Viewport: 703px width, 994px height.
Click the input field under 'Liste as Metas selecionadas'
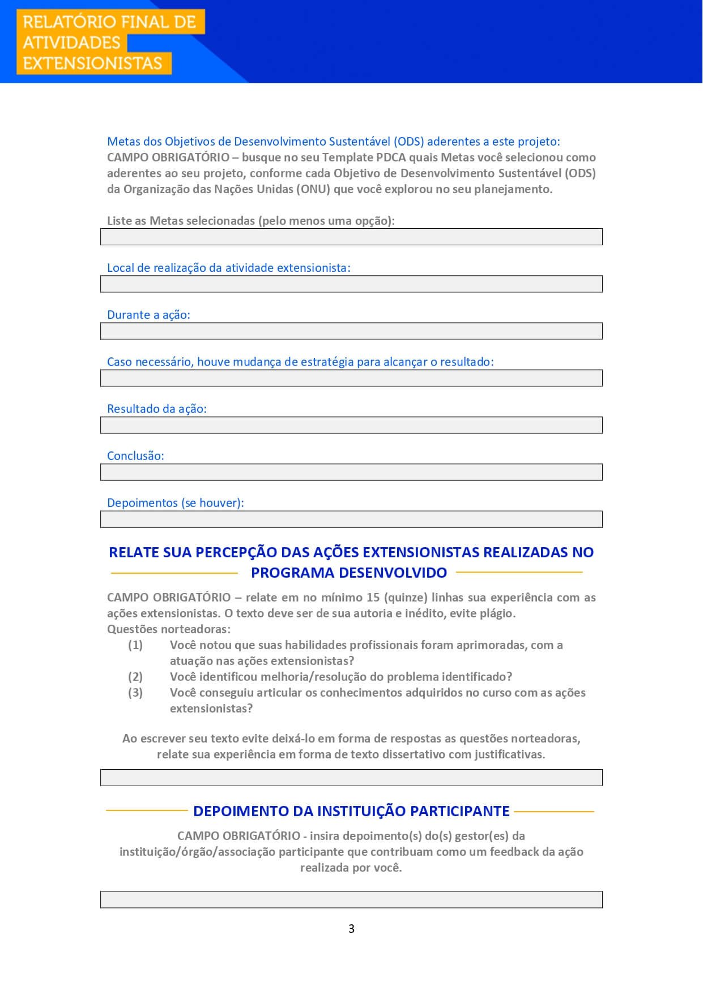tap(351, 237)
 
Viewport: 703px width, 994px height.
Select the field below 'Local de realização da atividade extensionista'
tap(351, 284)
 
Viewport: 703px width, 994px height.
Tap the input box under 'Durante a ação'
tap(351, 331)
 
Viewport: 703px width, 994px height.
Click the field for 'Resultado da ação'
tap(351, 425)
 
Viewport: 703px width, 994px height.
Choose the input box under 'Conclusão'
tap(351, 472)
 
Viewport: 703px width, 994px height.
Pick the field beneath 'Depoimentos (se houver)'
tap(351, 519)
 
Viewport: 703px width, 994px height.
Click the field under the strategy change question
tap(351, 378)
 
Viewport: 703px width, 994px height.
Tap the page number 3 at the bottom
tap(351, 928)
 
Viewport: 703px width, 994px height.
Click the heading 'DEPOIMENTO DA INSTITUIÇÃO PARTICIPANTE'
tap(351, 811)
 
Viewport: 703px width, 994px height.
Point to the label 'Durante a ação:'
tap(148, 315)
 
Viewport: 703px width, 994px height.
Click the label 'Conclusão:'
tap(135, 456)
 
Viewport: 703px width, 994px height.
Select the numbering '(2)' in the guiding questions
tap(135, 676)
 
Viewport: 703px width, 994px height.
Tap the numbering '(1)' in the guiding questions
tap(135, 645)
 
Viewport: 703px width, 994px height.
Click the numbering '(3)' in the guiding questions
tap(135, 692)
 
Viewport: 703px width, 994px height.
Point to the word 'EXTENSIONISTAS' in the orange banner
tap(92, 63)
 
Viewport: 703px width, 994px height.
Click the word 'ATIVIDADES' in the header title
tap(71, 42)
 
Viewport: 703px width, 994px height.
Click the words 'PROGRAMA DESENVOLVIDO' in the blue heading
tap(349, 573)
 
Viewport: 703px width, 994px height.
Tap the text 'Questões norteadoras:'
tap(169, 629)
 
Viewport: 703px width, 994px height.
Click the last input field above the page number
tap(351, 899)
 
